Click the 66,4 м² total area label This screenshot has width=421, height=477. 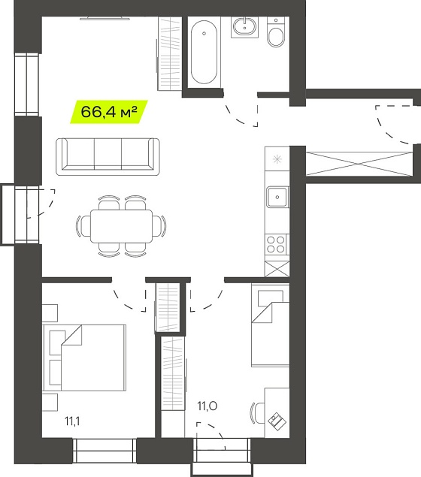(x=109, y=112)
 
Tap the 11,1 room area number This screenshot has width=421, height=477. (x=72, y=421)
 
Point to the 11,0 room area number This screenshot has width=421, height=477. (x=207, y=406)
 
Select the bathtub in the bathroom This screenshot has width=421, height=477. (x=204, y=52)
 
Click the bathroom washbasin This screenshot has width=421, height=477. (x=244, y=27)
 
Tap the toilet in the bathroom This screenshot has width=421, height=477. (x=276, y=32)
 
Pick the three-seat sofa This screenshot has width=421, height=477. (x=108, y=157)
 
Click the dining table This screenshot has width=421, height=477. (x=121, y=226)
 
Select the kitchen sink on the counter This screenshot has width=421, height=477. (x=277, y=197)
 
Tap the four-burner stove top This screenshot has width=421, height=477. (x=275, y=245)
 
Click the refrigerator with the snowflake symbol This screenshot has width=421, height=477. (x=277, y=158)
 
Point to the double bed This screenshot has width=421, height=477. (x=84, y=358)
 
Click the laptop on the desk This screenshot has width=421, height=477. (x=277, y=421)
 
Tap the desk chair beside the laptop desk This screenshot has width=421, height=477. (x=257, y=413)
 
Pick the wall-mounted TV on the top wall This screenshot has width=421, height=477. (x=104, y=18)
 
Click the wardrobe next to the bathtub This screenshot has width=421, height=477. (x=170, y=53)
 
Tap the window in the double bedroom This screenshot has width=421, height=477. (x=104, y=451)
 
